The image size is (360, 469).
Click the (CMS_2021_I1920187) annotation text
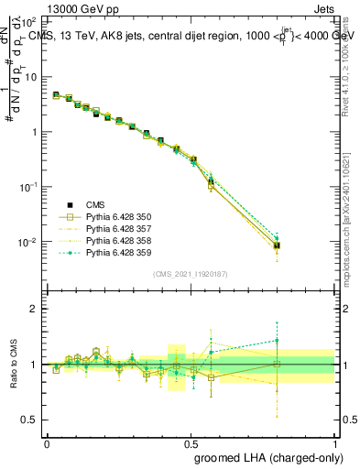pyautogui.click(x=191, y=274)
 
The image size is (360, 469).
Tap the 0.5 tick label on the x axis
pyautogui.click(x=191, y=442)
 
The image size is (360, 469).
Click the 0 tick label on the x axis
pyautogui.click(x=47, y=442)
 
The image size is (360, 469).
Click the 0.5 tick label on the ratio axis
pyautogui.click(x=30, y=420)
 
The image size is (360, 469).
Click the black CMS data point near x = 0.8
pyautogui.click(x=277, y=245)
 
